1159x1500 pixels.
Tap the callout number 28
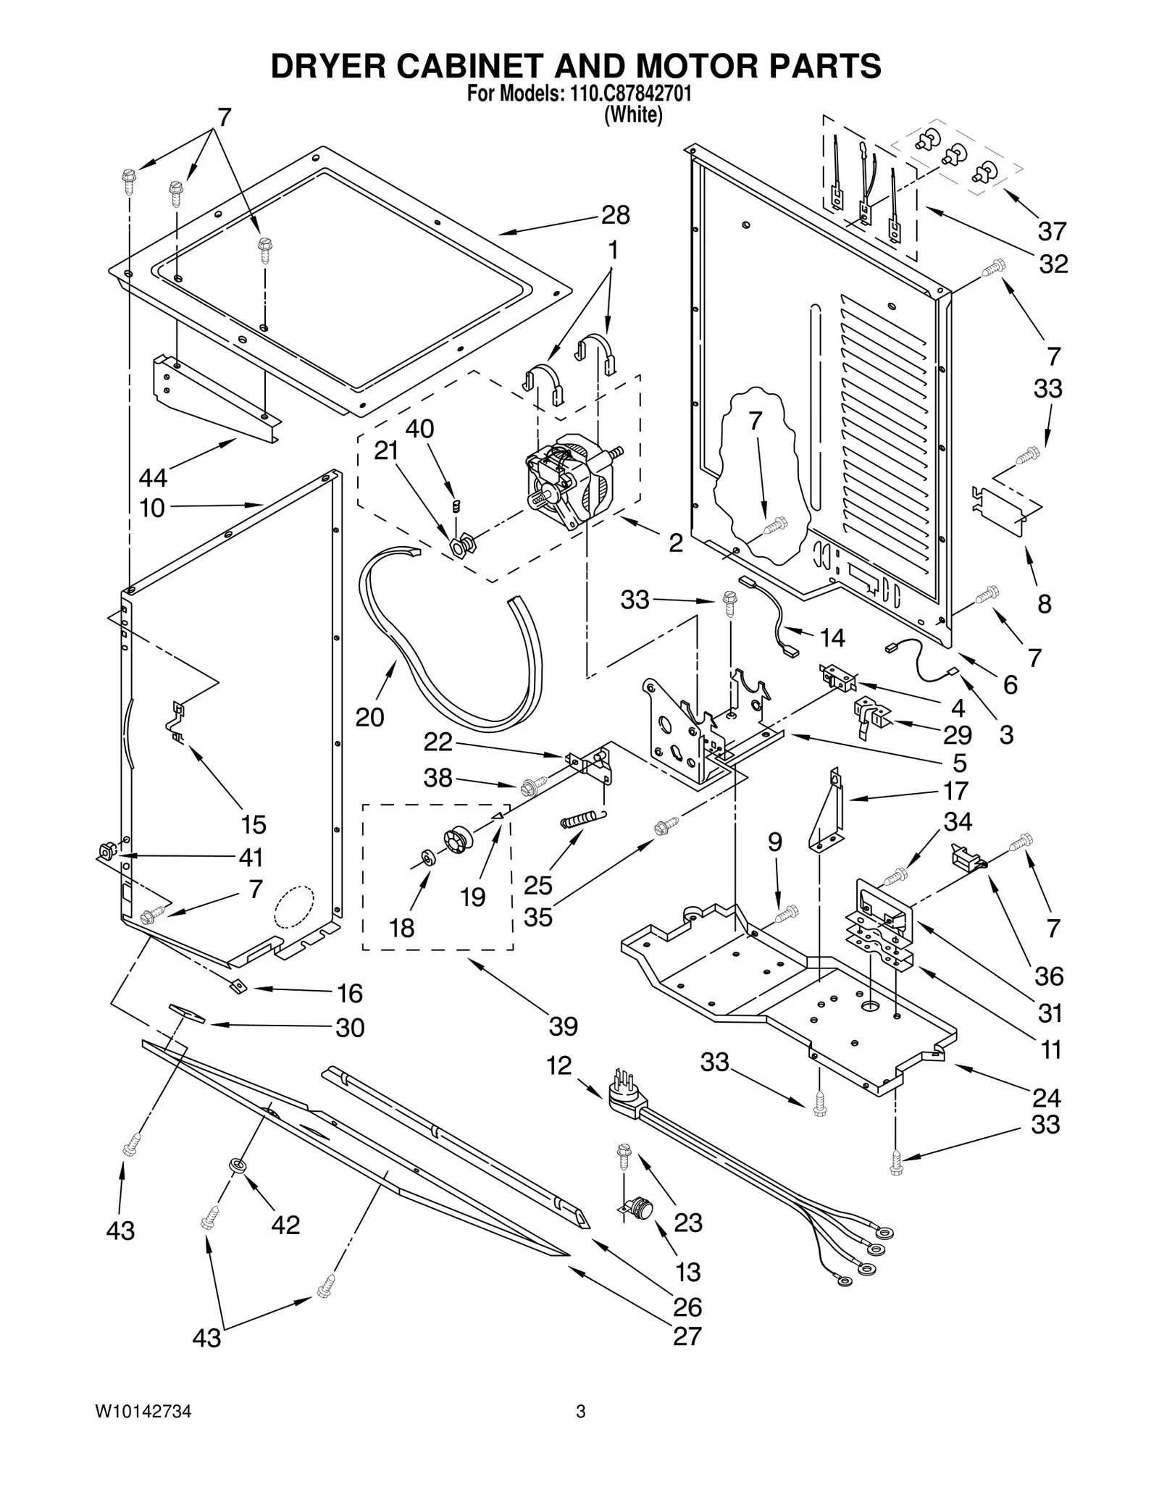pos(615,215)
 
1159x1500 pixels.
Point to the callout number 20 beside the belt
pos(369,717)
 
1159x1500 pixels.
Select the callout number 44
pos(153,478)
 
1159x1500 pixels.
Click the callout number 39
pos(563,1026)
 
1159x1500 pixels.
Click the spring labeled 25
pos(582,820)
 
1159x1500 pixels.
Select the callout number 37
pos(1052,231)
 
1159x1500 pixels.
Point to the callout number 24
pos(1046,1097)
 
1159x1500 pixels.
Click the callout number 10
pos(152,508)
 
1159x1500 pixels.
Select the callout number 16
pos(350,993)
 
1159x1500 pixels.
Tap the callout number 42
pos(285,1225)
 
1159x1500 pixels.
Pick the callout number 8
pos(1044,603)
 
